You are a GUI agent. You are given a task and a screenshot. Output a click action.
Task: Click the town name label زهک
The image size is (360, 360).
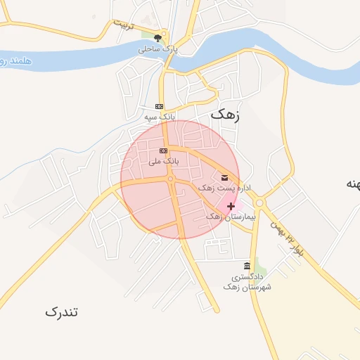224,115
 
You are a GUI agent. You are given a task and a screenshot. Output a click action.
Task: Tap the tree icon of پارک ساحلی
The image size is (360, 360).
157,38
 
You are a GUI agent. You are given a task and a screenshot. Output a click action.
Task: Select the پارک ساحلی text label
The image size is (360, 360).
158,50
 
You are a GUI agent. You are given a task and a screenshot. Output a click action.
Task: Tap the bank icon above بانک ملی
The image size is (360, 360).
163,150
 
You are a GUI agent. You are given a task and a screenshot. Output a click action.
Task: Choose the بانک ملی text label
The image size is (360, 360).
163,161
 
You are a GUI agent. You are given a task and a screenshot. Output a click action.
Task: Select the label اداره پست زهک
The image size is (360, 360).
224,188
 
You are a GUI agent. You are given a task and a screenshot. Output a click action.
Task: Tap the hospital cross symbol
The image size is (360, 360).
231,206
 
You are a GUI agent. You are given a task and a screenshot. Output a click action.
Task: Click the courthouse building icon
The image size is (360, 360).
246,266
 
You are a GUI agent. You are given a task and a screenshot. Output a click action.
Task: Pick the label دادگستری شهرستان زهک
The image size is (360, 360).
247,282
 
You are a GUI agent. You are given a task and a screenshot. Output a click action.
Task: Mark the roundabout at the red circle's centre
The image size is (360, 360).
170,179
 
